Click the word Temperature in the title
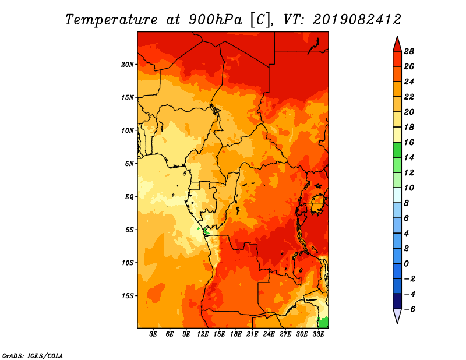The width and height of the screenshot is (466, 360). pyautogui.click(x=111, y=20)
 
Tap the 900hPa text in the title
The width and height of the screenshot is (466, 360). pyautogui.click(x=216, y=20)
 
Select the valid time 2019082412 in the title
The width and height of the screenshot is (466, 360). pyautogui.click(x=357, y=20)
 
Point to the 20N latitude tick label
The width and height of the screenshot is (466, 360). pyautogui.click(x=128, y=65)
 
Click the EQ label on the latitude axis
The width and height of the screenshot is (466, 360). pyautogui.click(x=129, y=197)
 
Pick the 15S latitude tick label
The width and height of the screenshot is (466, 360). pyautogui.click(x=128, y=296)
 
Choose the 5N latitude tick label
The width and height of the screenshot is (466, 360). pyautogui.click(x=129, y=164)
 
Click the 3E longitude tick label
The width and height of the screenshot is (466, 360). pyautogui.click(x=153, y=334)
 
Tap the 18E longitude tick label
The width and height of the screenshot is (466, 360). pyautogui.click(x=235, y=334)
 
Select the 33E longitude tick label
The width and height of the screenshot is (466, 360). pyautogui.click(x=318, y=334)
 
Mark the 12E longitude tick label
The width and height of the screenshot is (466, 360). pyautogui.click(x=202, y=334)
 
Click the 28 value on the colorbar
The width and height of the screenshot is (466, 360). pyautogui.click(x=409, y=51)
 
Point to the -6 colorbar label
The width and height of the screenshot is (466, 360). pyautogui.click(x=409, y=309)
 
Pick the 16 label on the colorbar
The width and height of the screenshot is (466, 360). pyautogui.click(x=409, y=142)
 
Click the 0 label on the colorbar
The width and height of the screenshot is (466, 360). pyautogui.click(x=406, y=264)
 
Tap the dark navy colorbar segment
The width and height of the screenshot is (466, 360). pyautogui.click(x=397, y=301)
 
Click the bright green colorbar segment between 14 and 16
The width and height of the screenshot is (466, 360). pyautogui.click(x=397, y=150)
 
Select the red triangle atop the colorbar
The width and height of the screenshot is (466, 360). pyautogui.click(x=397, y=44)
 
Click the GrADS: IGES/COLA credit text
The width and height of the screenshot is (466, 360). pyautogui.click(x=33, y=356)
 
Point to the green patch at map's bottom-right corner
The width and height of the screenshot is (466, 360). pyautogui.click(x=324, y=323)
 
